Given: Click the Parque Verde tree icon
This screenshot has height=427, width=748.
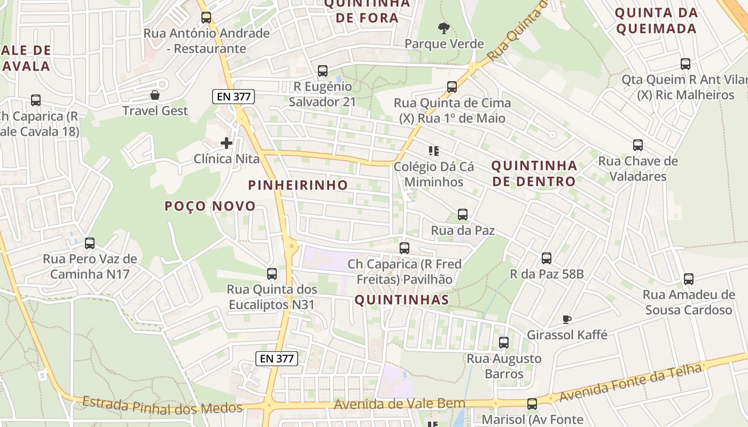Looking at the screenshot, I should tap(443, 28).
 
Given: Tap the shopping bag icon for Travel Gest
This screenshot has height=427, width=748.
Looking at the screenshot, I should tap(155, 95).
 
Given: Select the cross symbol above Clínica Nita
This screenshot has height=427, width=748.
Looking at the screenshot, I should tap(227, 143).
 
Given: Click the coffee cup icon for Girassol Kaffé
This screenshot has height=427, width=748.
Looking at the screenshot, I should tap(567, 319).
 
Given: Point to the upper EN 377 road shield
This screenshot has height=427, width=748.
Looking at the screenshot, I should tap(233, 97).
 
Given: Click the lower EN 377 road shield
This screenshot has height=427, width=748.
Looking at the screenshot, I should tap(276, 358).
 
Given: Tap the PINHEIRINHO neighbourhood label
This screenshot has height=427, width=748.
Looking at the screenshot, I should tap(298, 185).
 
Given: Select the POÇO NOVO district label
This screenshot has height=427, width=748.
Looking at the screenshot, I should tap(210, 206).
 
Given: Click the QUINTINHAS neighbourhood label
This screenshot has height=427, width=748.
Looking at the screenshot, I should tap(401, 300).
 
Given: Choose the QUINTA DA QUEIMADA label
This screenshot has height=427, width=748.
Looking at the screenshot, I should tap(657, 20).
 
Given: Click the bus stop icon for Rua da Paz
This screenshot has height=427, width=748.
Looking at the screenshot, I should tap(463, 215).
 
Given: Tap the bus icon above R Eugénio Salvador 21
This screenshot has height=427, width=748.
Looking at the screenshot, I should tap(323, 70).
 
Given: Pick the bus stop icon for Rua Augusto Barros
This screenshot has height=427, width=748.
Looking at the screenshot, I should tap(504, 343).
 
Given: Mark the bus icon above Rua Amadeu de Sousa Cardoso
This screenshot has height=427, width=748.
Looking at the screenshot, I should tap(689, 279).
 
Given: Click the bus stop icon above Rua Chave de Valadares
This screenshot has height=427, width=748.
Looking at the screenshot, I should tap(638, 145).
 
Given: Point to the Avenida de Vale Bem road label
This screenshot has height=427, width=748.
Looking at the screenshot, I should tap(399, 405).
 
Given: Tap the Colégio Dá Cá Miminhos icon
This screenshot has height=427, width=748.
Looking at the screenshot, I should tap(433, 151).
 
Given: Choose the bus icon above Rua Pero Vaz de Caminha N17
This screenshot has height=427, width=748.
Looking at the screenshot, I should tap(90, 243).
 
